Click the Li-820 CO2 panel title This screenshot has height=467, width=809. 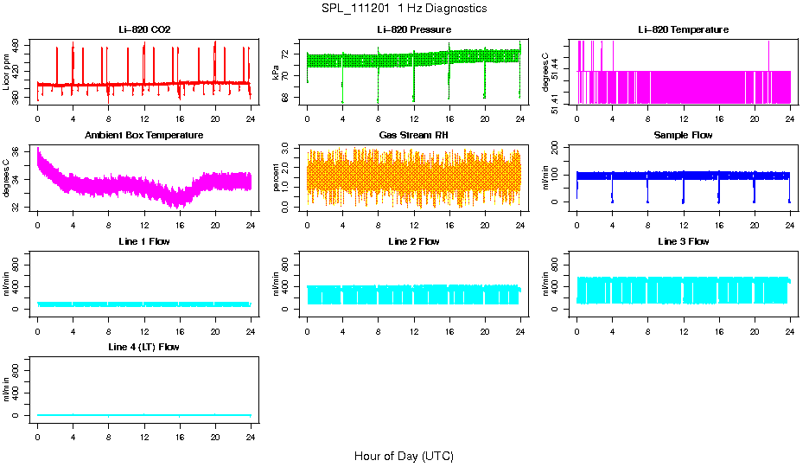coord(144,30)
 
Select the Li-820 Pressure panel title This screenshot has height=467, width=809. coord(414,30)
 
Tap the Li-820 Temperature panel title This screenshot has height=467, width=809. coord(683,30)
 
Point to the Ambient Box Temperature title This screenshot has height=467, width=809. coord(144,136)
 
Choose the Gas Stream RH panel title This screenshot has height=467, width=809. coord(414,136)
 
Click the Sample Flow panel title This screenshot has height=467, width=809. coord(683,136)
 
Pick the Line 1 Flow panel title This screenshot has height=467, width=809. coord(144,241)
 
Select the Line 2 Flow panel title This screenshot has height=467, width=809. coord(414,241)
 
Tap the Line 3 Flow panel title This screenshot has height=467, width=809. coord(683,241)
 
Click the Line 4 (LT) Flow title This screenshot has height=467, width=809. coord(144,347)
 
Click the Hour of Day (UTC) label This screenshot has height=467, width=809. coord(404,456)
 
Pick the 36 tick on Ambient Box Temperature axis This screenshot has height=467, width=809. coord(20,150)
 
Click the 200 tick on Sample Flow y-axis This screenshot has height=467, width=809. coord(559,150)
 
